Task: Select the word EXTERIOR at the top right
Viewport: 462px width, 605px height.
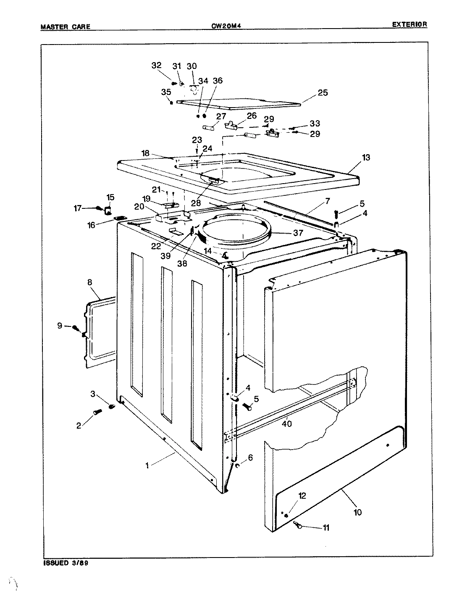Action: point(409,24)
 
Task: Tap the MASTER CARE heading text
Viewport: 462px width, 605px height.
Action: point(65,27)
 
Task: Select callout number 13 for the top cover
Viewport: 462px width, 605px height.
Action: point(366,158)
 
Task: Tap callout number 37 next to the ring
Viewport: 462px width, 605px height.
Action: point(298,233)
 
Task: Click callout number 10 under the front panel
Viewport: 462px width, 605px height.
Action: point(357,512)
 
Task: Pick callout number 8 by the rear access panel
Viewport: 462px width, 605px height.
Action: point(90,283)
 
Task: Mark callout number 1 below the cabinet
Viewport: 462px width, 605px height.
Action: point(147,465)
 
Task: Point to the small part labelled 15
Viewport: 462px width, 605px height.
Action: point(108,210)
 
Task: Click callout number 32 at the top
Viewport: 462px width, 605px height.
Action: point(156,66)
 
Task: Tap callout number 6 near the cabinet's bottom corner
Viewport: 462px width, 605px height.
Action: point(250,458)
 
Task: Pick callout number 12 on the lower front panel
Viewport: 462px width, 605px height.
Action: point(302,496)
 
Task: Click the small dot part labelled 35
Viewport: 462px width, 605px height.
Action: point(172,102)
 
